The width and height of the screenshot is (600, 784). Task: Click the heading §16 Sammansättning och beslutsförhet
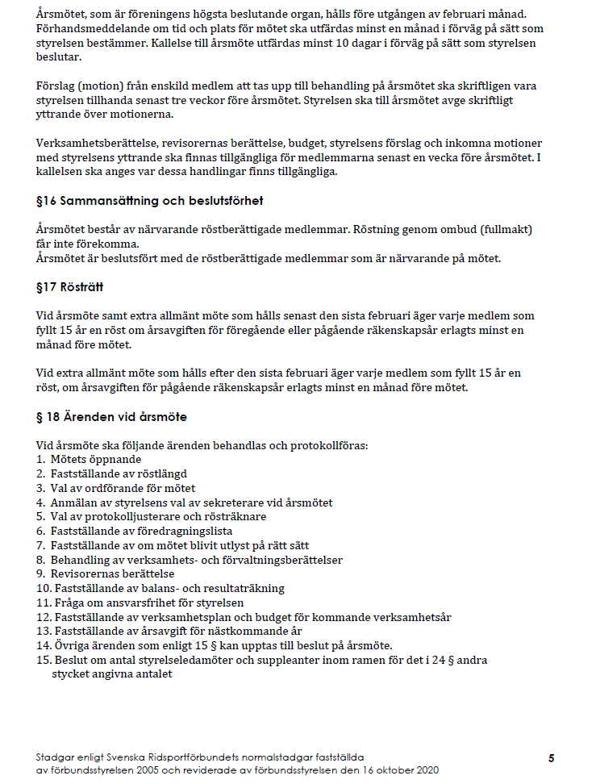[x=150, y=201]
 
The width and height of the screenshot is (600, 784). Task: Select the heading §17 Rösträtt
[x=69, y=286]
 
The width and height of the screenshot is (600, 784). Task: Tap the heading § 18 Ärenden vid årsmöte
[x=111, y=417]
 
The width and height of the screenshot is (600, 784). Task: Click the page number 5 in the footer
[x=551, y=758]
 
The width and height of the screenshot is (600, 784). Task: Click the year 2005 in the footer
[x=148, y=771]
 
